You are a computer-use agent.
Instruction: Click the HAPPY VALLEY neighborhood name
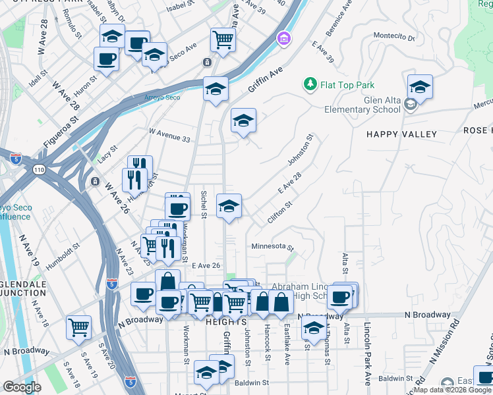(402, 134)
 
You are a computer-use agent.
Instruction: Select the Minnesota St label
(272, 246)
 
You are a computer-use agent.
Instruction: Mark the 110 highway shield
(39, 169)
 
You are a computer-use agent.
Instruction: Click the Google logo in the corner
(22, 386)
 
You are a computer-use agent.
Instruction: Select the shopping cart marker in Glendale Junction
(79, 327)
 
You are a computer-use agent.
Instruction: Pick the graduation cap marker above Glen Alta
(420, 86)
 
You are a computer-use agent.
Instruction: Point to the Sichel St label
(204, 205)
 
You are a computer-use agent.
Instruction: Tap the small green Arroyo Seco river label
(162, 97)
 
